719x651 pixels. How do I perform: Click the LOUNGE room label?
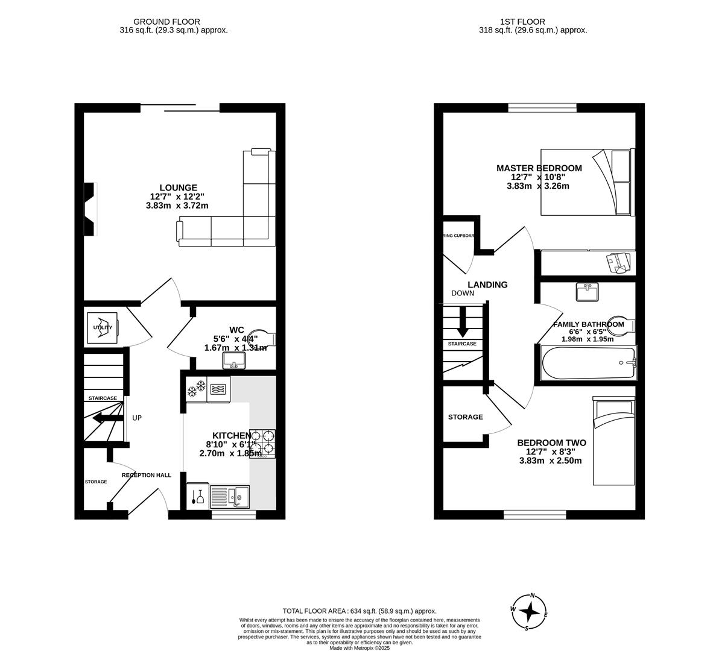point(178,187)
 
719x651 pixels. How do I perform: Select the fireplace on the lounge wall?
point(90,209)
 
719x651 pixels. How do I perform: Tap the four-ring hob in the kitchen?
point(262,444)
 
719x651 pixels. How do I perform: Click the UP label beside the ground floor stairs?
point(137,418)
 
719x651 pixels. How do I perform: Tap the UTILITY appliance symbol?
point(103,328)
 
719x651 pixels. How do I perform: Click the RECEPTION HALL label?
point(147,475)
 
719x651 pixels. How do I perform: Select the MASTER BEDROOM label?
point(539,168)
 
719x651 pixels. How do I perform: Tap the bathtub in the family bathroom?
point(588,363)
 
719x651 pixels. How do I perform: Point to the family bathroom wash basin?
point(587,293)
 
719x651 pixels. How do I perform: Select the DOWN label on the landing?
point(463,294)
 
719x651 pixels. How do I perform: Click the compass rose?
point(529,612)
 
